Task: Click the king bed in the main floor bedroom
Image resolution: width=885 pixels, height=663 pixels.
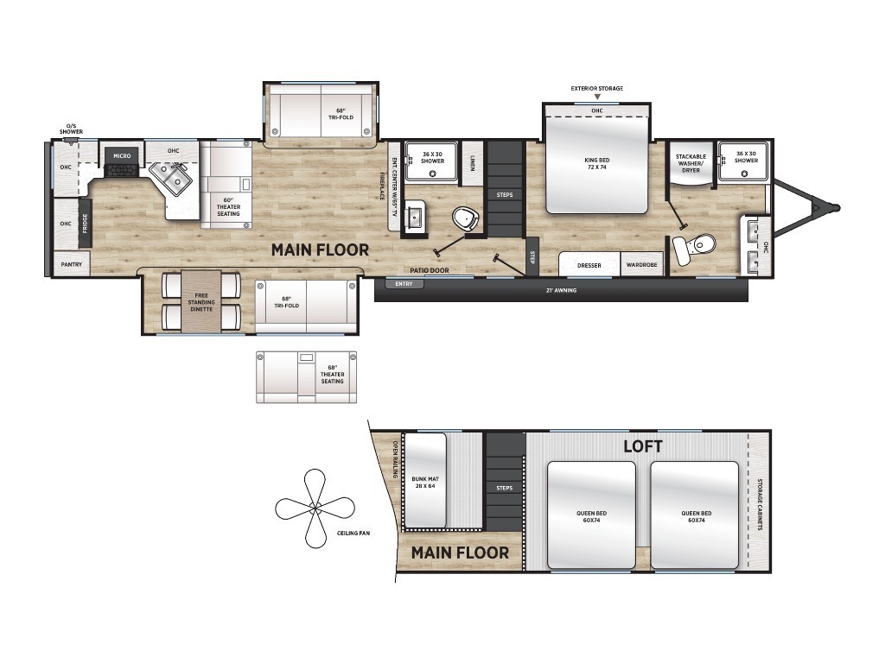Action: point(596,165)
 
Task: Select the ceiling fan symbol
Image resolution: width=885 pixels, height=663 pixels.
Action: point(315,508)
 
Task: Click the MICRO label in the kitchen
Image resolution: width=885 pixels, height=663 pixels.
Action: point(122,155)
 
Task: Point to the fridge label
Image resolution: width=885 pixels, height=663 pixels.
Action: point(86,224)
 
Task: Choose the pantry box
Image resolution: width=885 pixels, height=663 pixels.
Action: point(72,264)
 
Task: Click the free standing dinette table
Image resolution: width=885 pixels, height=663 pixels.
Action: point(201,301)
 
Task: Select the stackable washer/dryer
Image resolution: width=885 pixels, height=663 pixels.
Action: point(691,163)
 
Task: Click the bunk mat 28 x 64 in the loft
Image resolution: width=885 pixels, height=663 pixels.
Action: point(425,480)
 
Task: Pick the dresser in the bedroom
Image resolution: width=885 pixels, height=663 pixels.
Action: point(589,264)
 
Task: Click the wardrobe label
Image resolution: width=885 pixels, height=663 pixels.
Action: point(642,265)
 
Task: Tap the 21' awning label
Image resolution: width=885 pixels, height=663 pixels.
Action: point(561,290)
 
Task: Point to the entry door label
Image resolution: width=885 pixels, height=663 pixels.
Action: point(404,284)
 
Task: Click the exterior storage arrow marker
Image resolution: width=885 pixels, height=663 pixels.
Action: point(597,97)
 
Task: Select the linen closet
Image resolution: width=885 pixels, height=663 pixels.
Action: point(472,163)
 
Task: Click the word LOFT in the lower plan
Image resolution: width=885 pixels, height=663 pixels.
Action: point(642,446)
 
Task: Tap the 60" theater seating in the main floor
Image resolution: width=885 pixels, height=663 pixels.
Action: point(226,185)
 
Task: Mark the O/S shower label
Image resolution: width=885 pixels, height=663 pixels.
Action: point(71,129)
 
